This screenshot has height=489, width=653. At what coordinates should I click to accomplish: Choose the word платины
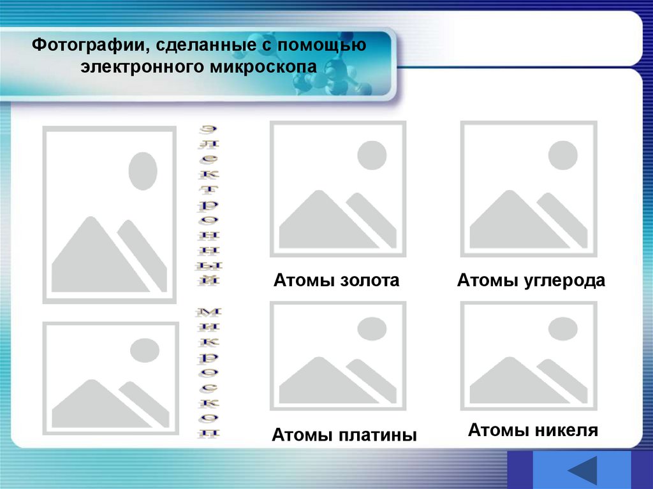click(x=380, y=436)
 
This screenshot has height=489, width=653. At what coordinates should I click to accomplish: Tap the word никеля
click(x=564, y=430)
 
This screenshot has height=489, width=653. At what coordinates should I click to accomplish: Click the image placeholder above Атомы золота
click(x=337, y=189)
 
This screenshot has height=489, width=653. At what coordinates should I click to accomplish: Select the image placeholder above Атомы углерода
click(x=529, y=189)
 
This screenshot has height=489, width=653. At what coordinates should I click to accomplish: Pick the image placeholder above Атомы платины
click(x=337, y=356)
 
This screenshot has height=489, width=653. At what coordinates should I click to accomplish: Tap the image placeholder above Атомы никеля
click(x=529, y=356)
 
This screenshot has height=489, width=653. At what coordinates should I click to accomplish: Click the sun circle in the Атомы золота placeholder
click(x=372, y=156)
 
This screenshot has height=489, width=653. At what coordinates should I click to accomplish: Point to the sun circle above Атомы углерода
click(x=563, y=156)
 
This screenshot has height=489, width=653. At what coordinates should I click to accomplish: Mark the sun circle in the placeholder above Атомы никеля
click(x=563, y=328)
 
